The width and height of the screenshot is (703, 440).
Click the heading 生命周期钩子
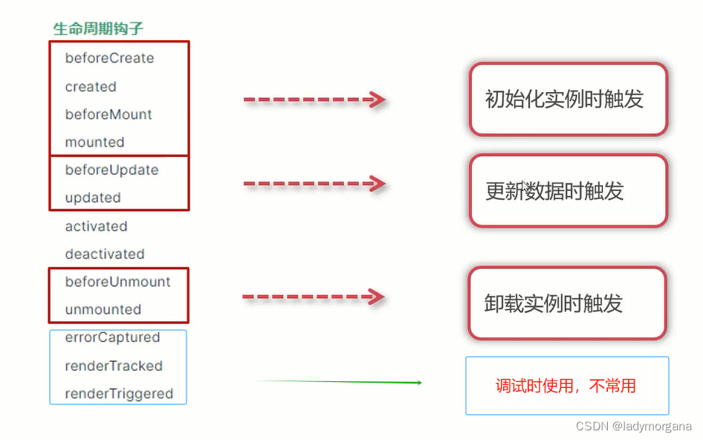point(98,29)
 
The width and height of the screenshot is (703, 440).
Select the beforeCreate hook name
point(109,58)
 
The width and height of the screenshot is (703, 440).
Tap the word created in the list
point(91,86)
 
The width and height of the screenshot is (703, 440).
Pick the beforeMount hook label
point(108,114)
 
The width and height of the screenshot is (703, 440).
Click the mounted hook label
point(94,142)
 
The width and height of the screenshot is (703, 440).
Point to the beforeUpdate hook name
point(111,169)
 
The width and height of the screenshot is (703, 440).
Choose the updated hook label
point(93,198)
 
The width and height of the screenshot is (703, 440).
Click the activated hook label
point(96,226)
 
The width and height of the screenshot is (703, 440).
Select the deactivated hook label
point(105,253)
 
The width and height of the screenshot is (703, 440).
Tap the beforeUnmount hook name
point(117,282)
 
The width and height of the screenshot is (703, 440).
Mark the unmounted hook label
point(103,309)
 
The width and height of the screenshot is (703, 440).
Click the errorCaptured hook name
point(112,337)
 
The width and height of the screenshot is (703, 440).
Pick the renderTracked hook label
point(114,366)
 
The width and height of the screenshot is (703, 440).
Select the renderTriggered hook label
point(119,394)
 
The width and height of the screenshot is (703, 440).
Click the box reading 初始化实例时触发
point(568,100)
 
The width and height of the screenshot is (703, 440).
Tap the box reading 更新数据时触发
point(568,191)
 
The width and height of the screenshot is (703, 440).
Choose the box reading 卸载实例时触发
point(566,303)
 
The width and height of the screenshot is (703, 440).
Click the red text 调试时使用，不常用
point(566,386)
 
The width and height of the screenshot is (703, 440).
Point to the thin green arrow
point(338,382)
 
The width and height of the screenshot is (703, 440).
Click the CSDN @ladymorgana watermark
point(634,427)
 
